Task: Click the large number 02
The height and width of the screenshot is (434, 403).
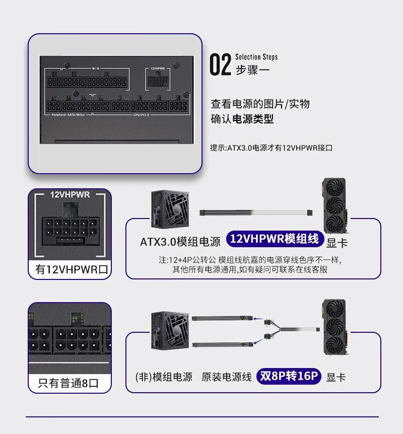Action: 220,65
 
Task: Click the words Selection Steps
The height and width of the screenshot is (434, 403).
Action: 256,57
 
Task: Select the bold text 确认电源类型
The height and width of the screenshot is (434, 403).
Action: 242,119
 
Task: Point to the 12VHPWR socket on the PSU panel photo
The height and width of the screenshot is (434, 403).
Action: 158,81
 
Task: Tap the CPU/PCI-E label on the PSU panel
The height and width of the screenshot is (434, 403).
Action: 143,115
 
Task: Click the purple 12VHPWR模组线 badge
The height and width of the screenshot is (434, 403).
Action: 274,239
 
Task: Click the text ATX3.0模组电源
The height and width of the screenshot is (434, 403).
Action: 180,242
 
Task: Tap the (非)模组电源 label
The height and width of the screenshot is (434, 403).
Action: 164,377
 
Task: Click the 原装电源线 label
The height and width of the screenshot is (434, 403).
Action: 226,377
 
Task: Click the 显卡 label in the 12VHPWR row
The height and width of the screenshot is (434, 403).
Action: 337,243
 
